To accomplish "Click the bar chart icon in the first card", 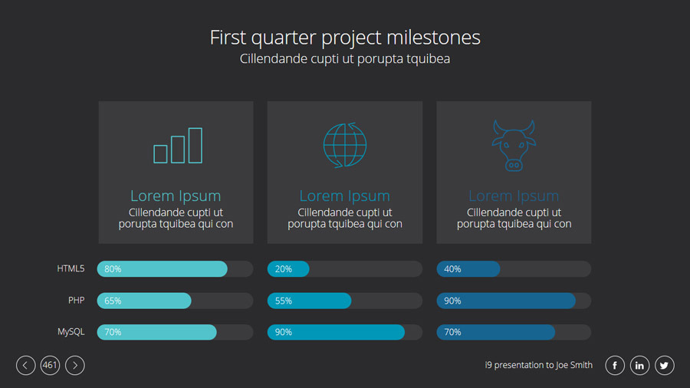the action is coord(178,146).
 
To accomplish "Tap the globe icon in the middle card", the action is coord(344,145).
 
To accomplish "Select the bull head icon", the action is coord(514,145).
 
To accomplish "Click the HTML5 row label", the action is coord(71,268).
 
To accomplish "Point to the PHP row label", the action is coord(76,300).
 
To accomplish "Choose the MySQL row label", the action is coord(71,332).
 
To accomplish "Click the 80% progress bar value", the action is coord(113,269).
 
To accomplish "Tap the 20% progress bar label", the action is coord(284,269).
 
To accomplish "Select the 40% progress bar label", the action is coord(452,269).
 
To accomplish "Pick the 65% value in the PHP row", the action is coord(113,301).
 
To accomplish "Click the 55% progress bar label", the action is coord(284,301).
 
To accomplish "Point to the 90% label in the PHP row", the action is coord(452,301).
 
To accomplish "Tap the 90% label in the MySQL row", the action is coord(284,332).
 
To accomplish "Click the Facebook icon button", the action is coord(615,365).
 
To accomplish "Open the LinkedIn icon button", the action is coord(639,365).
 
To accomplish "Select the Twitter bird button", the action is coord(665,365).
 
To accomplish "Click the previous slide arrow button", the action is coord(25,365).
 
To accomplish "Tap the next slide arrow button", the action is coord(75,365).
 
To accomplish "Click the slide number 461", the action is coord(50,365).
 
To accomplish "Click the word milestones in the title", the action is coord(433,38).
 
